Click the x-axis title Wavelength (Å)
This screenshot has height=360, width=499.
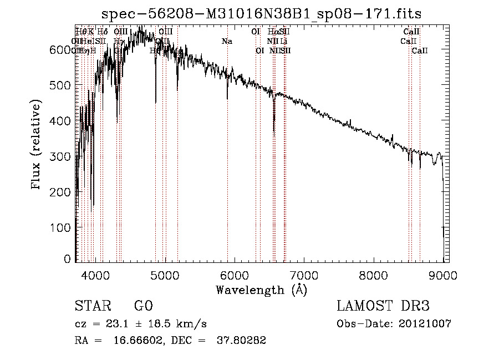261,290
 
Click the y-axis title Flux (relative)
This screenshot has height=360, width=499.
37,145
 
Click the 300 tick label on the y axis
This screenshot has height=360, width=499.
64,156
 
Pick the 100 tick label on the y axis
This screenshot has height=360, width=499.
64,227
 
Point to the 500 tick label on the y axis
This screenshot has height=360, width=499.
64,85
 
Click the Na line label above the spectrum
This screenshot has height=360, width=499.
227,42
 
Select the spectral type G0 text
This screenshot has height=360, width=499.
144,306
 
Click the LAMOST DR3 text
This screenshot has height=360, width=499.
383,306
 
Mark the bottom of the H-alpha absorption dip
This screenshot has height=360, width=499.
274,133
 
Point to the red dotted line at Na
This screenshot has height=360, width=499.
227,166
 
